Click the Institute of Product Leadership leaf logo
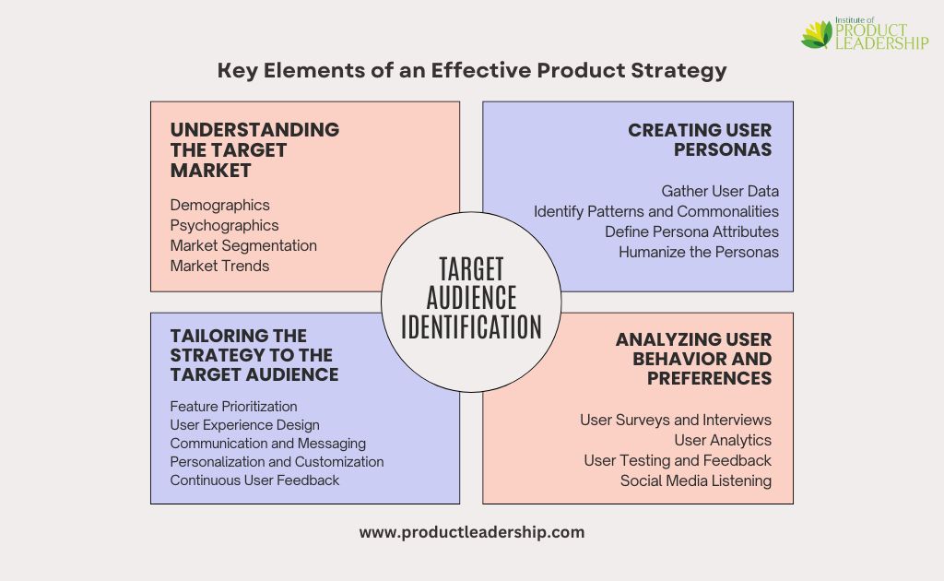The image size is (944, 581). click(x=817, y=34)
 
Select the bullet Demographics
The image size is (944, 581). click(x=219, y=206)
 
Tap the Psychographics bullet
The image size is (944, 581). click(x=225, y=226)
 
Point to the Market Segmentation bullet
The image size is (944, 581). click(x=243, y=245)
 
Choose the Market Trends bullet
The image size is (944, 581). click(x=219, y=267)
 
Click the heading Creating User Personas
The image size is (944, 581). click(x=700, y=139)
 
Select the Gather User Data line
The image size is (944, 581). click(x=720, y=192)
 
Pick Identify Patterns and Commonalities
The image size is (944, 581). click(x=656, y=212)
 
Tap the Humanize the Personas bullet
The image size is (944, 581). click(x=699, y=253)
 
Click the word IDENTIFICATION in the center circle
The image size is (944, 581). click(x=471, y=327)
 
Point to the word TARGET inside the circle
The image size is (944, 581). click(x=471, y=269)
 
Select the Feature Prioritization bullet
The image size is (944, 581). click(x=233, y=407)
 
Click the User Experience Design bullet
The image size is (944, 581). click(x=244, y=425)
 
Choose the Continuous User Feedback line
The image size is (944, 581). click(x=254, y=480)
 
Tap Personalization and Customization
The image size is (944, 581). click(x=277, y=462)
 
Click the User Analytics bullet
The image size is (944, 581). click(x=723, y=441)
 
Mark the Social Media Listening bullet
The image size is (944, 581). click(x=696, y=481)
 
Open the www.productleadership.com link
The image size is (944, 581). click(x=472, y=532)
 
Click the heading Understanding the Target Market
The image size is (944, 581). click(x=254, y=150)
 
